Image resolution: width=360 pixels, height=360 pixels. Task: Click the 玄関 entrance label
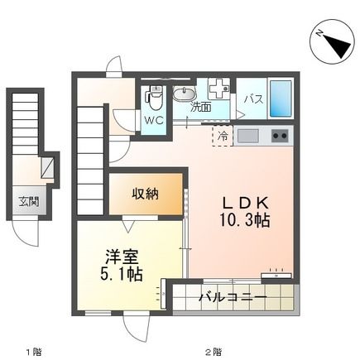tap(30, 200)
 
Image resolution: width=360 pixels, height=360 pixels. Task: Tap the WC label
tap(154, 119)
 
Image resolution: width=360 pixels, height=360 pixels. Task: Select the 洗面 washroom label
tap(201, 107)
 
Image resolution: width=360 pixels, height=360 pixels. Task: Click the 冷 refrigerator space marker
tap(223, 134)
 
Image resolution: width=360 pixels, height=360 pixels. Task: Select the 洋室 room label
tap(122, 256)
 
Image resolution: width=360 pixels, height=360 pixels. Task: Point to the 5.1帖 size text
tap(122, 275)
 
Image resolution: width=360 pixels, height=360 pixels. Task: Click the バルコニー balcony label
tap(232, 296)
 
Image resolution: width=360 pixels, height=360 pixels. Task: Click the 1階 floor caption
tap(33, 351)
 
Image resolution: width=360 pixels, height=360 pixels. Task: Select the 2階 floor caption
tap(214, 351)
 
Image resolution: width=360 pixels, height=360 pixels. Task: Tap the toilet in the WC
tap(154, 98)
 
